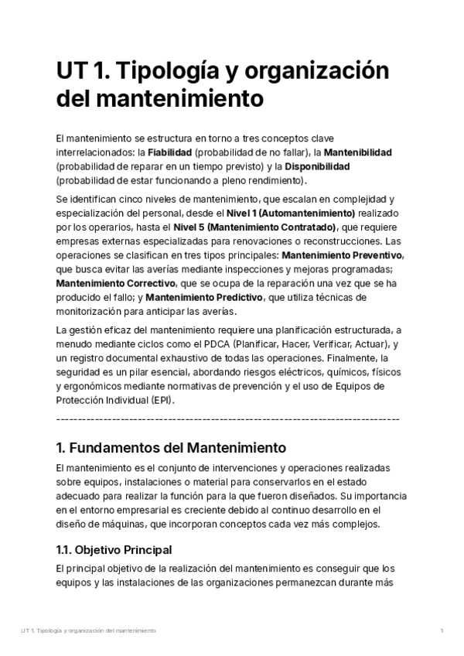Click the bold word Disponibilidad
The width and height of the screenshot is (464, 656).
pyautogui.click(x=317, y=166)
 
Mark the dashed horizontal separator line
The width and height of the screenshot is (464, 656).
pyautogui.click(x=228, y=419)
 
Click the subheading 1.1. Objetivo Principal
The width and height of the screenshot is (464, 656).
pyautogui.click(x=114, y=549)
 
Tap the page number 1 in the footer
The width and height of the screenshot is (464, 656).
pyautogui.click(x=442, y=631)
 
